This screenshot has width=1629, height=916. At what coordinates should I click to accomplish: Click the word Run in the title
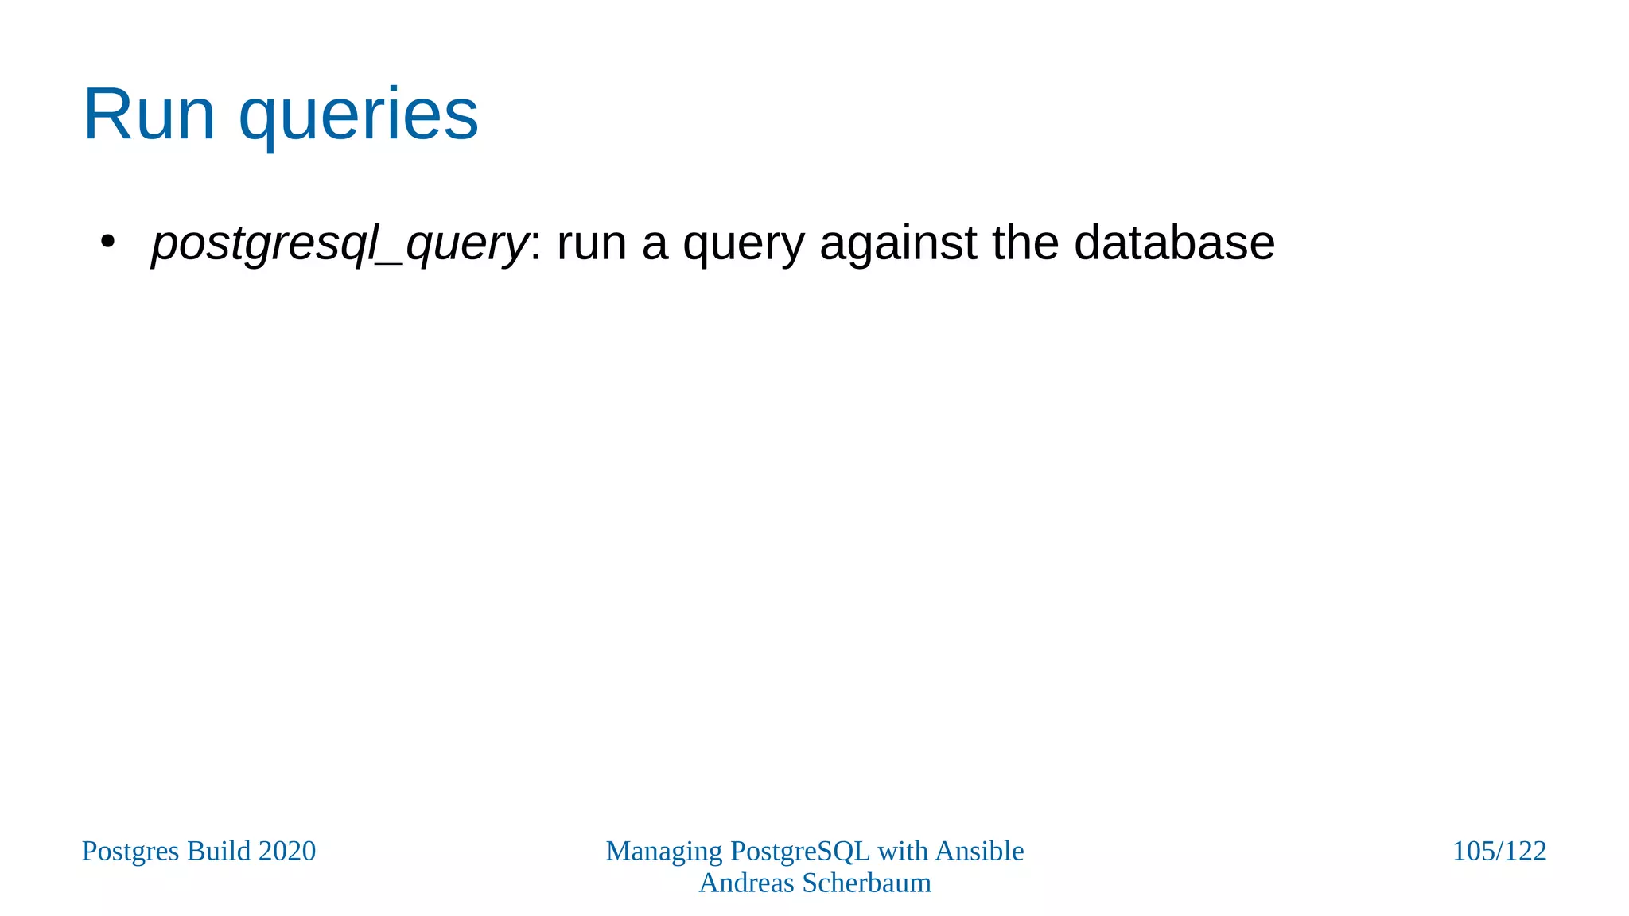(149, 114)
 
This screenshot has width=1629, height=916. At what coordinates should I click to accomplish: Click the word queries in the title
(359, 116)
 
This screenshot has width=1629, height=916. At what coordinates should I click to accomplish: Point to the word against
(898, 243)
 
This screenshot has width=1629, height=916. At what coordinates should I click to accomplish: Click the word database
(1174, 243)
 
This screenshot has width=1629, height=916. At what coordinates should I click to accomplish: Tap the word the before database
(1025, 243)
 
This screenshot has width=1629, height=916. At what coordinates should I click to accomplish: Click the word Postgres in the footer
(131, 852)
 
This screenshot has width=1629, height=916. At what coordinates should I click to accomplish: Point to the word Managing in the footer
(664, 852)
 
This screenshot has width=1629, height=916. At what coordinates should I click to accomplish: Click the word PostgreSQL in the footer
(800, 852)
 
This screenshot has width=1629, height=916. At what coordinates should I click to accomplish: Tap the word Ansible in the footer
(979, 851)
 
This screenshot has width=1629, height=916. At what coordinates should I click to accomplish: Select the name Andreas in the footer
(746, 883)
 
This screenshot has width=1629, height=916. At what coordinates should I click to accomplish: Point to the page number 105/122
(1499, 852)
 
